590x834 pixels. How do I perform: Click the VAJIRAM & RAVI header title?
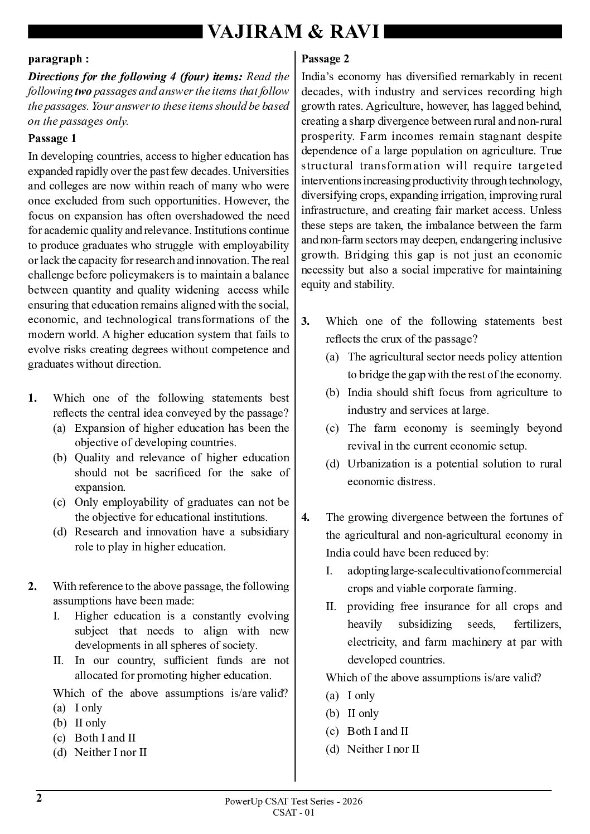pyautogui.click(x=294, y=33)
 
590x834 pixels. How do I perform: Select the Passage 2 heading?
pyautogui.click(x=325, y=58)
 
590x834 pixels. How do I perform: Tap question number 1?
pyautogui.click(x=32, y=398)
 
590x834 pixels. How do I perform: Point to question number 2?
pyautogui.click(x=32, y=586)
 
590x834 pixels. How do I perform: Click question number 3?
pyautogui.click(x=306, y=321)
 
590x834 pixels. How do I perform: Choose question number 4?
pyautogui.click(x=306, y=517)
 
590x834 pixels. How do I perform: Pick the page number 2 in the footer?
pyautogui.click(x=39, y=798)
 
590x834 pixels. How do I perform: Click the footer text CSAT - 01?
pyautogui.click(x=294, y=812)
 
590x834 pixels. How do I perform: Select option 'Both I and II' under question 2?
pyautogui.click(x=105, y=738)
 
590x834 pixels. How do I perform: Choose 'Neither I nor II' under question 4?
pyautogui.click(x=383, y=749)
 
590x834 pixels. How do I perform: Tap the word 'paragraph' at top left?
pyautogui.click(x=54, y=58)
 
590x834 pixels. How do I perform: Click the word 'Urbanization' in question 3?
pyautogui.click(x=379, y=464)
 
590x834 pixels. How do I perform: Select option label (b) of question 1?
pyautogui.click(x=59, y=457)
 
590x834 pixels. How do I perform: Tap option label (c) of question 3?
pyautogui.click(x=332, y=428)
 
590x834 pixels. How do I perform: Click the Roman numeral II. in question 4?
pyautogui.click(x=332, y=606)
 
